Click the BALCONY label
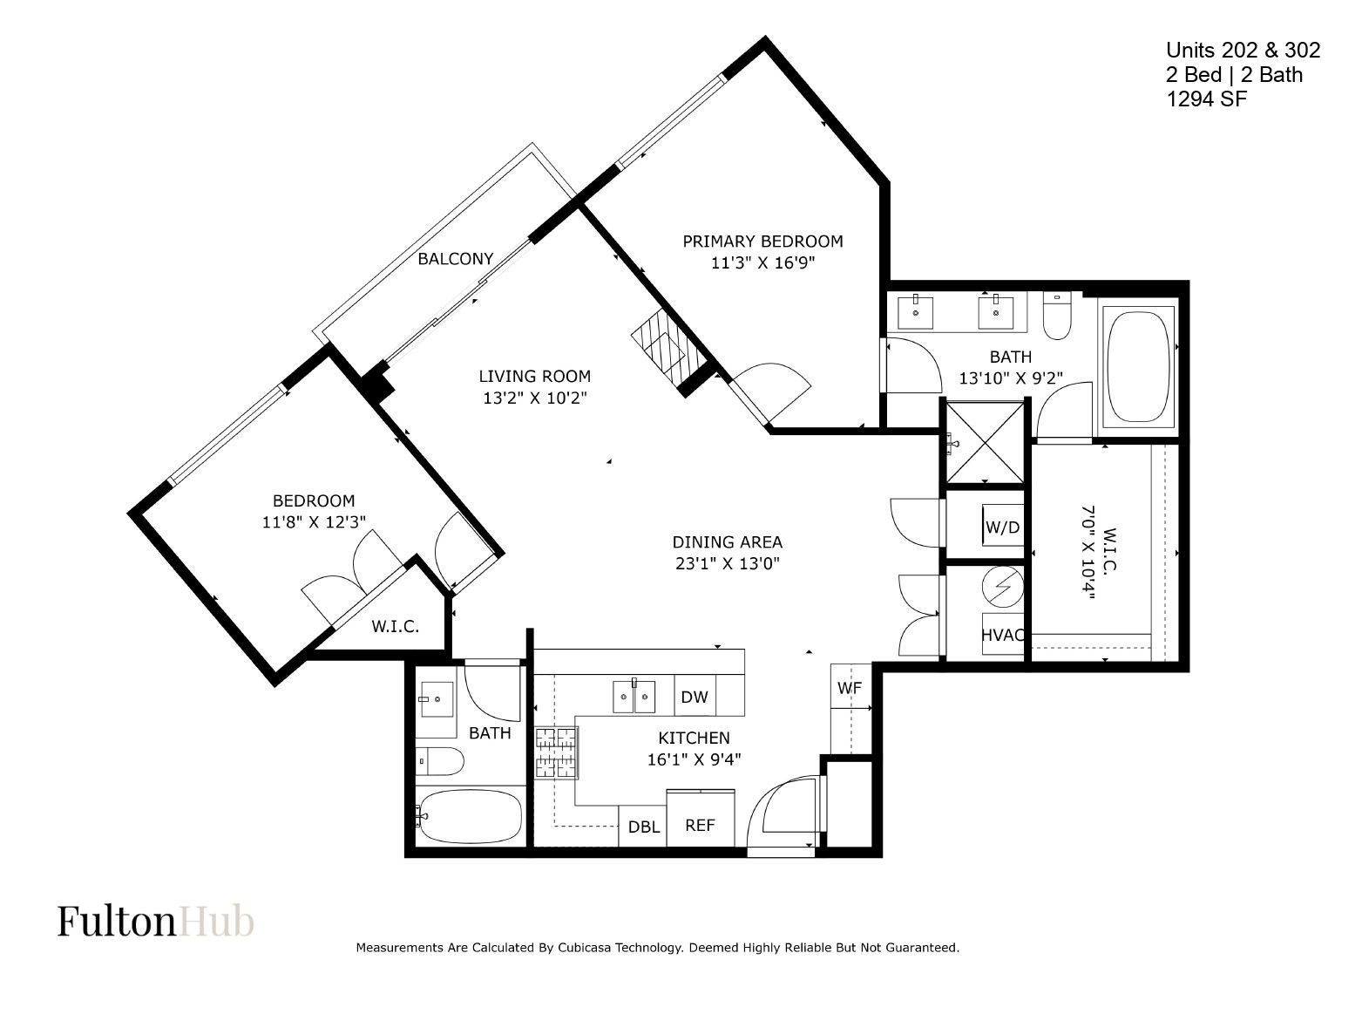pyautogui.click(x=455, y=259)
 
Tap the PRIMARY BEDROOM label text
pyautogui.click(x=762, y=242)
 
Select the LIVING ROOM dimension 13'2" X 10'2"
pyautogui.click(x=535, y=398)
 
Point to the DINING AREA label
pyautogui.click(x=728, y=542)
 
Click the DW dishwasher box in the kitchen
pyautogui.click(x=695, y=697)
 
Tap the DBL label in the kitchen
pyautogui.click(x=643, y=827)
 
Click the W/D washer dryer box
pyautogui.click(x=1003, y=526)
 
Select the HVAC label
pyautogui.click(x=1003, y=635)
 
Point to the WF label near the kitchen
pyautogui.click(x=850, y=688)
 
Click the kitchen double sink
pyautogui.click(x=634, y=697)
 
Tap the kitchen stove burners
pyautogui.click(x=557, y=752)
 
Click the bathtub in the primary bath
pyautogui.click(x=1138, y=367)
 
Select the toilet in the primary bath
pyautogui.click(x=1057, y=316)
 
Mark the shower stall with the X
pyautogui.click(x=985, y=442)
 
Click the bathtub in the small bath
pyautogui.click(x=470, y=816)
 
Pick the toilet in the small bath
pyautogui.click(x=439, y=761)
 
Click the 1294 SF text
pyautogui.click(x=1206, y=99)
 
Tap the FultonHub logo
pyautogui.click(x=156, y=921)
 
